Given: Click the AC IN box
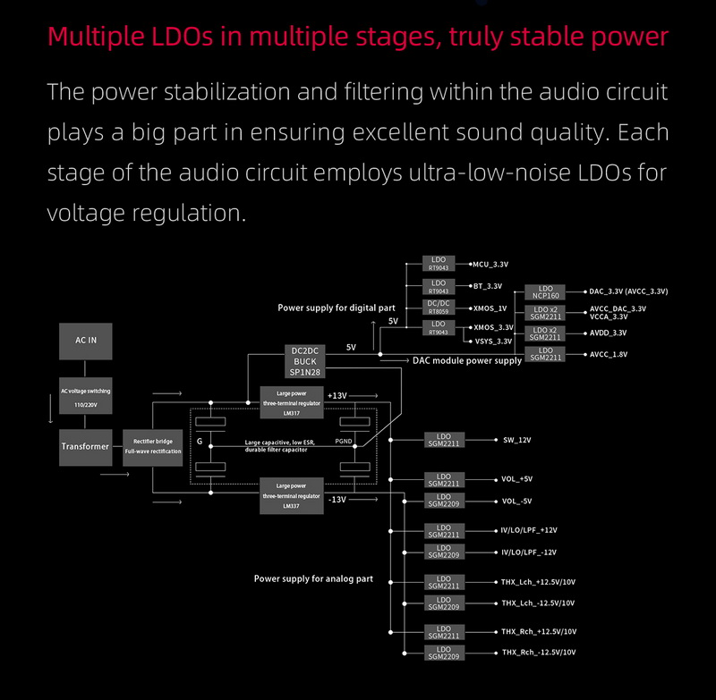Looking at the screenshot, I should [x=86, y=341].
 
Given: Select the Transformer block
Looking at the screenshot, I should [x=86, y=445].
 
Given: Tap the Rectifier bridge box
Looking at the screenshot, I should [x=153, y=445].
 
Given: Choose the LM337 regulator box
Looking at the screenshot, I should [x=291, y=494].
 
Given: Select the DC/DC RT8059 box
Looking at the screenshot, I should [x=439, y=308].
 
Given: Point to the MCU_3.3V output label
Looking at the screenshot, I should [x=490, y=265].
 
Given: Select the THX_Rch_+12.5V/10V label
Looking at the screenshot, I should [x=538, y=631].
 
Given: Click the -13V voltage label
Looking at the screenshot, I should [x=337, y=500].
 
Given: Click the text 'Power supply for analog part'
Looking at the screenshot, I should [x=313, y=579].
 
